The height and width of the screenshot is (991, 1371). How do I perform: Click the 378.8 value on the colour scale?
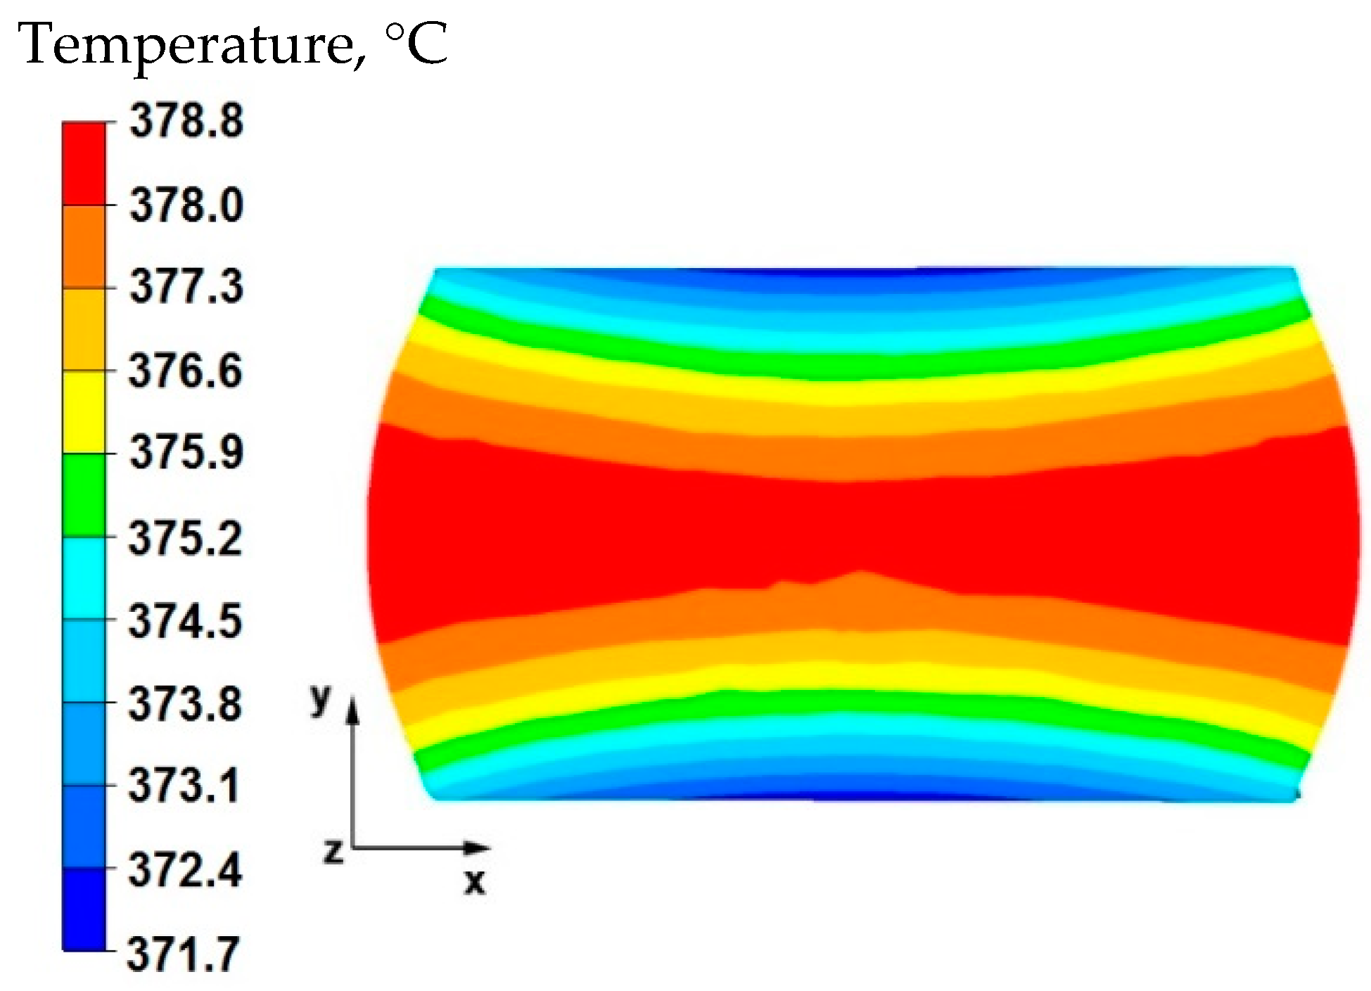pyautogui.click(x=186, y=121)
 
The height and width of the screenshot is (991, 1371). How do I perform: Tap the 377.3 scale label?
pyautogui.click(x=186, y=287)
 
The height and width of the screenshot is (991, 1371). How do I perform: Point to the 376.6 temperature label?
pyautogui.click(x=186, y=370)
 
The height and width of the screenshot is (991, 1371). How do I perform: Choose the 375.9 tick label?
pyautogui.click(x=186, y=452)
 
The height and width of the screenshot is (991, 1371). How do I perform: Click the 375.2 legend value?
pyautogui.click(x=186, y=539)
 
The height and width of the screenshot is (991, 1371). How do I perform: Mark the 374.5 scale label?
pyautogui.click(x=186, y=621)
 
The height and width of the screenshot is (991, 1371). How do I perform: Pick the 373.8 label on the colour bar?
pyautogui.click(x=186, y=703)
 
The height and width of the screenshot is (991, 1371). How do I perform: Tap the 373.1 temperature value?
pyautogui.click(x=184, y=786)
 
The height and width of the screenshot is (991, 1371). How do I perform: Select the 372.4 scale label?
pyautogui.click(x=186, y=870)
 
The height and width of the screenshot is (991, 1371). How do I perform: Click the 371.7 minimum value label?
pyautogui.click(x=184, y=954)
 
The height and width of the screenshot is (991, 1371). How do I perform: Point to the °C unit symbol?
pyautogui.click(x=416, y=45)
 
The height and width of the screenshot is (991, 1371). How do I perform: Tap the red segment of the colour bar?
pyautogui.click(x=84, y=163)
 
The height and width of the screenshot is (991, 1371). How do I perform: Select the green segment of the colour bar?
pyautogui.click(x=84, y=495)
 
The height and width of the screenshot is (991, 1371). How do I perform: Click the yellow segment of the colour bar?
pyautogui.click(x=84, y=411)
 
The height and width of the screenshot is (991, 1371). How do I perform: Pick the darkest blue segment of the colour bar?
pyautogui.click(x=84, y=909)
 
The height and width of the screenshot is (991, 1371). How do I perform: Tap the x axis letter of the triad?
pyautogui.click(x=476, y=881)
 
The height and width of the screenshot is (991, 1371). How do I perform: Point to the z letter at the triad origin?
pyautogui.click(x=333, y=850)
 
